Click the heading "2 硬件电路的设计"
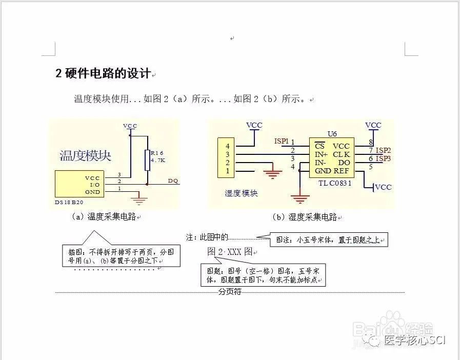point(103,74)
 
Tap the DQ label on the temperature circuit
point(173,181)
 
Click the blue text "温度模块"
point(86,155)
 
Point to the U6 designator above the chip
point(332,134)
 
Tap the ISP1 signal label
point(282,141)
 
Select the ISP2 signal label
point(383,150)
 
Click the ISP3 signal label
point(383,159)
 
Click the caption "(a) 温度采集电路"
point(105,217)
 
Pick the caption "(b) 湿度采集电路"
point(305,217)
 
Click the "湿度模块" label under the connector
point(241,193)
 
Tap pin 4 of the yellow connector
point(227,146)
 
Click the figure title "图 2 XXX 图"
point(230,252)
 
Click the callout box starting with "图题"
point(263,275)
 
